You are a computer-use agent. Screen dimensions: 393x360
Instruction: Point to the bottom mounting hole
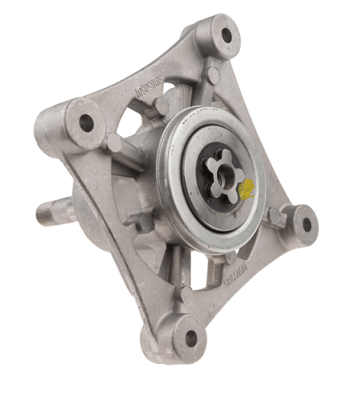click(x=190, y=339)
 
